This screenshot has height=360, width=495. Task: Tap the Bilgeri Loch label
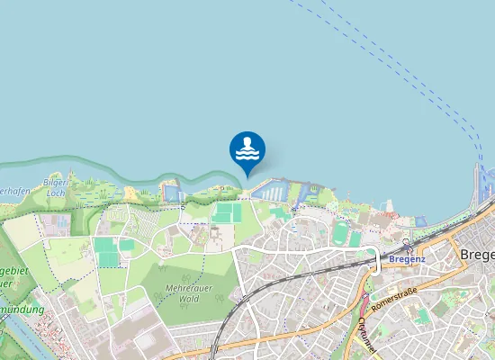(55, 187)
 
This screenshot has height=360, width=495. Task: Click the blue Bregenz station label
(407, 259)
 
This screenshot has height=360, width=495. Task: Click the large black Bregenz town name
(477, 255)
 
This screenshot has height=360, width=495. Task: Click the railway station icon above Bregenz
(407, 244)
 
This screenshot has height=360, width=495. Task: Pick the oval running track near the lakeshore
(339, 232)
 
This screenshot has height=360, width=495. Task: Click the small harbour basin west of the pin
(172, 193)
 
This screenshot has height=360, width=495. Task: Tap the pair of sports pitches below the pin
(227, 212)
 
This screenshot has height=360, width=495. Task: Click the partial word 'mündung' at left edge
(22, 308)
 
